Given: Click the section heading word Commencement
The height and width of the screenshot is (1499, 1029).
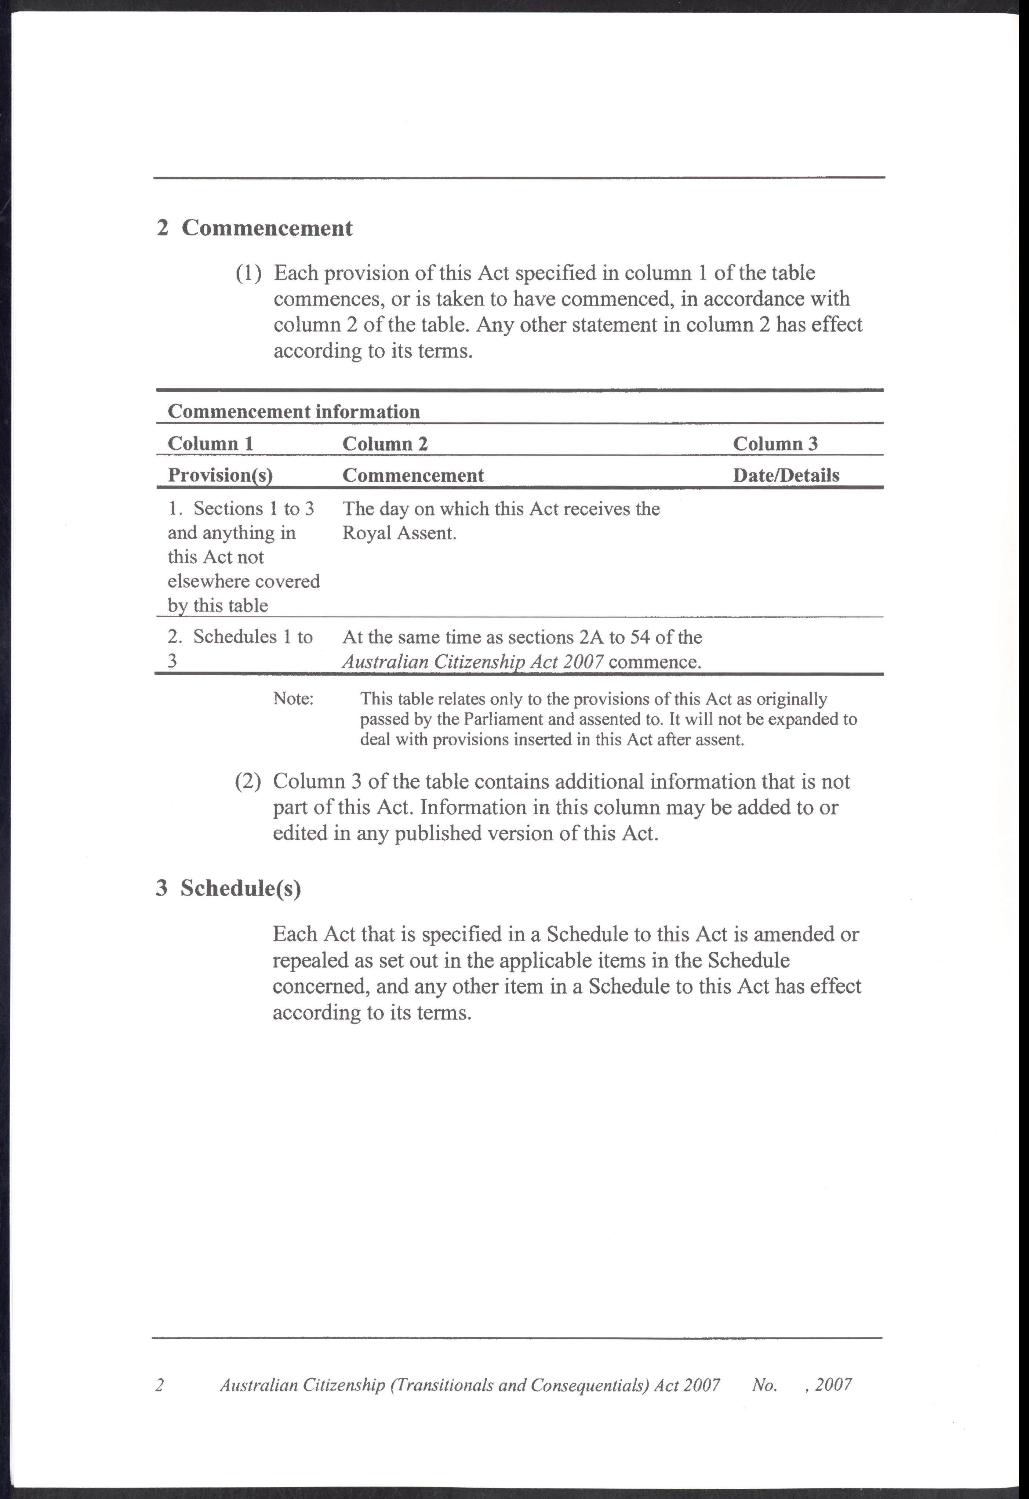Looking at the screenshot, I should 266,228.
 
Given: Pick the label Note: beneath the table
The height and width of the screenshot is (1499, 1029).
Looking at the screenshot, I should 293,699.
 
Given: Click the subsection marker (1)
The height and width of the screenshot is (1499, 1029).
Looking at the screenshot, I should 248,274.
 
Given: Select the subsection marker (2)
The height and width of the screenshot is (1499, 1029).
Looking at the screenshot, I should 248,782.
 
